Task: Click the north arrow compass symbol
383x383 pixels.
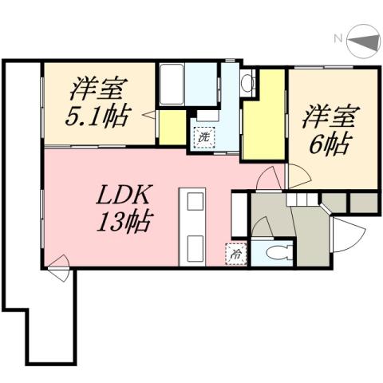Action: point(363,39)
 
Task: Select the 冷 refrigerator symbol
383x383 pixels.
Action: point(237,255)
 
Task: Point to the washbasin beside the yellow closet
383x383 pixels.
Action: point(247,81)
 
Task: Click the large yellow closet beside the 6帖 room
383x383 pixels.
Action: point(263,116)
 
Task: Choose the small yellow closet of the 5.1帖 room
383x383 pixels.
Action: point(172,127)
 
